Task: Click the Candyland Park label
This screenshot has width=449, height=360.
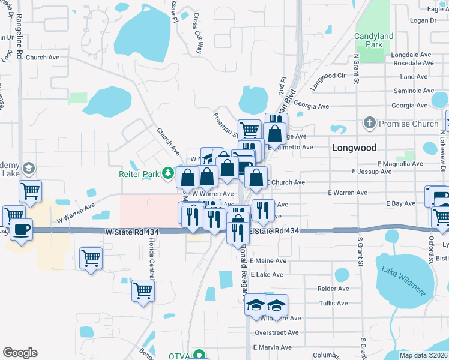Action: tap(373, 40)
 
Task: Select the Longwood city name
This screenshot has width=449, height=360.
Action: tap(354, 148)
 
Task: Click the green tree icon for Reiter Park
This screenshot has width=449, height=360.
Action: tap(170, 174)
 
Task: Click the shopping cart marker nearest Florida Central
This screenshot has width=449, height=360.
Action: tap(143, 290)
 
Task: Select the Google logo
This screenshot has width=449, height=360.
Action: tap(20, 353)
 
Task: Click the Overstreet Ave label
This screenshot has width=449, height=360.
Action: tap(276, 332)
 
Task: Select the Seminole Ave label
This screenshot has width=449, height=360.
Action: tap(414, 91)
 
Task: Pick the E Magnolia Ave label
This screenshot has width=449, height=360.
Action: tap(397, 164)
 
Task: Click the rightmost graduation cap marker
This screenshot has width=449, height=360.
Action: tap(276, 305)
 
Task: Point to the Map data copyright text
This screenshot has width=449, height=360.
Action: tap(423, 355)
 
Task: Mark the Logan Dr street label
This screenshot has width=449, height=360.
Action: tap(422, 20)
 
